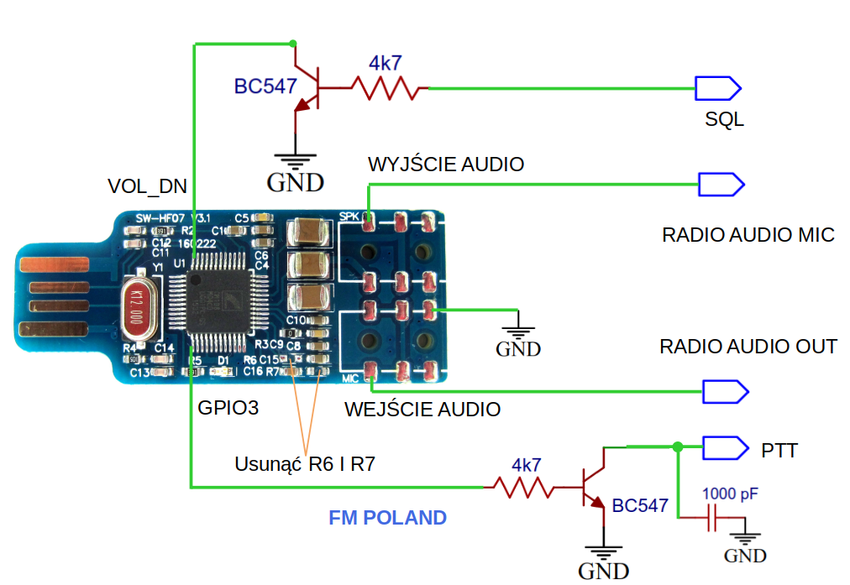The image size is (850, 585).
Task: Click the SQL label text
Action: [x=724, y=119]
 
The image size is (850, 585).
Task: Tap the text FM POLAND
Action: [x=387, y=518]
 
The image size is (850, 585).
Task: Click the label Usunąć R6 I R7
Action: [x=305, y=463]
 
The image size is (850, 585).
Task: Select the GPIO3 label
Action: [x=228, y=409]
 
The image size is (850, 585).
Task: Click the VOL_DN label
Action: [x=148, y=185]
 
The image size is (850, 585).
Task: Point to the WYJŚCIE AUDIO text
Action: [x=446, y=164]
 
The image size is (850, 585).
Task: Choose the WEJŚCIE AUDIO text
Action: [x=422, y=410]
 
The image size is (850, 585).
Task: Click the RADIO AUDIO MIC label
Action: [x=748, y=235]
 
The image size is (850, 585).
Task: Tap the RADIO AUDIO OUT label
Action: [x=748, y=347]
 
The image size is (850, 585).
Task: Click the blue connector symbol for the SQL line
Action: [x=717, y=87]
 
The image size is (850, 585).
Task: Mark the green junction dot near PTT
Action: [x=677, y=447]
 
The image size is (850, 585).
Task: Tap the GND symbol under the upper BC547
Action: [x=295, y=168]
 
